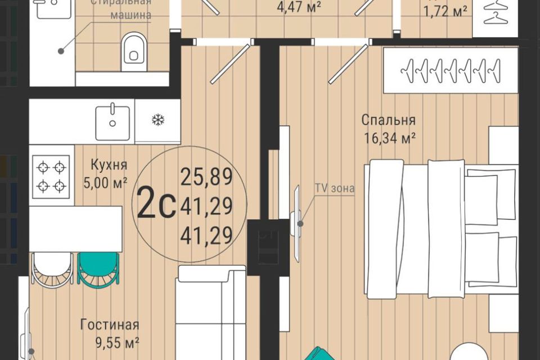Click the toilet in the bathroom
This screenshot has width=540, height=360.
coord(133,47)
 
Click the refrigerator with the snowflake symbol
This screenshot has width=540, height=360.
coord(157,120)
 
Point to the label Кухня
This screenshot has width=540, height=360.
coord(109,165)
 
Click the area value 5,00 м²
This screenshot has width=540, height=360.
coord(109,183)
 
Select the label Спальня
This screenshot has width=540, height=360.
coord(388,120)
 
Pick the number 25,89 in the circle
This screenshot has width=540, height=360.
coord(206,177)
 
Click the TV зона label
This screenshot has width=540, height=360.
coord(335,188)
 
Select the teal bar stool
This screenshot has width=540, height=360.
coord(98,269)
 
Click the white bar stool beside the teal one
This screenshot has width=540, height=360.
coord(52,269)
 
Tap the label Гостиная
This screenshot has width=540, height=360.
coord(109,325)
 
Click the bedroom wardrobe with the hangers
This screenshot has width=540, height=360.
coord(450,70)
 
